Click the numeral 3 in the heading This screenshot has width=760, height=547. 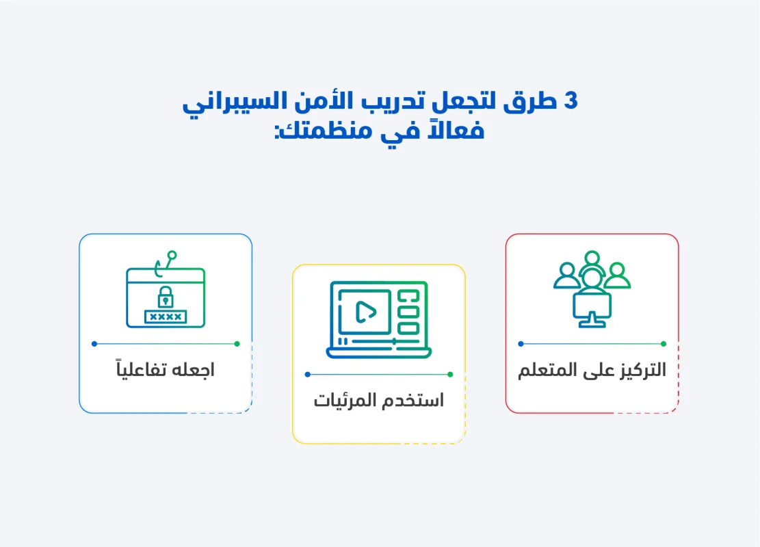(x=571, y=101)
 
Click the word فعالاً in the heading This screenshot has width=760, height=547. (x=456, y=130)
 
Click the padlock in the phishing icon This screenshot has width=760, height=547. (x=166, y=297)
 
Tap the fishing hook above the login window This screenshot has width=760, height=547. (x=165, y=263)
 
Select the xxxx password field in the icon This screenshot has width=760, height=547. (x=166, y=317)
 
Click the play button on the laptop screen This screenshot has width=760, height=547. (x=365, y=312)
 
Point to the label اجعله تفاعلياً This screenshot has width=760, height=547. (x=166, y=369)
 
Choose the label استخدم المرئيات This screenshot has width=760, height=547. (x=378, y=401)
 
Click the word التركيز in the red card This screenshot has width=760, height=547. (x=640, y=370)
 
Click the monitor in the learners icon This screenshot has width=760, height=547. (x=592, y=310)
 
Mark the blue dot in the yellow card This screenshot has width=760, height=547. (x=307, y=375)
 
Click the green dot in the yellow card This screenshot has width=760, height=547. (x=450, y=375)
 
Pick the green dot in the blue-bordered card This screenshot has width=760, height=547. (x=237, y=344)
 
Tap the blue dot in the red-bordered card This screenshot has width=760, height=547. (x=521, y=344)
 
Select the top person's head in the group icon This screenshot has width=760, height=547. (x=592, y=257)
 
